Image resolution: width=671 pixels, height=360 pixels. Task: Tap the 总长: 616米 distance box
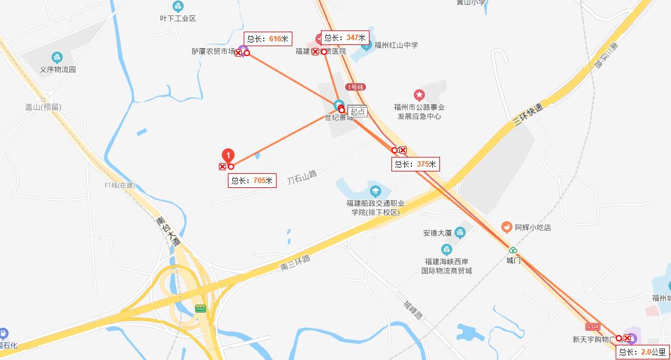click(x=267, y=39)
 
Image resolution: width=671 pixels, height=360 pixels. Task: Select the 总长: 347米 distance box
click(x=345, y=38)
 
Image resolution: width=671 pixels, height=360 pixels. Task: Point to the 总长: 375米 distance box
click(x=416, y=164)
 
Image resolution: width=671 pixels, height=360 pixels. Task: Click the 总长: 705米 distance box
click(x=252, y=181)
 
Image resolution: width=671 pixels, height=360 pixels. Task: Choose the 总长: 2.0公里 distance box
click(x=642, y=352)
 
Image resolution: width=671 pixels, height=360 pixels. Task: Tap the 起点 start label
click(x=358, y=112)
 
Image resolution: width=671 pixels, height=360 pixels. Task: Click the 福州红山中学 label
click(x=396, y=45)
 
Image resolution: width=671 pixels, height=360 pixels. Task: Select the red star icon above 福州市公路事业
click(x=419, y=95)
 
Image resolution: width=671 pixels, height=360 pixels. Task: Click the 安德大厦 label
click(x=438, y=233)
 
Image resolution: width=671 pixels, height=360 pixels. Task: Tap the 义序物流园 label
click(x=58, y=69)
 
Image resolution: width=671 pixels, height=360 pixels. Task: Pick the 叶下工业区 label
click(x=177, y=19)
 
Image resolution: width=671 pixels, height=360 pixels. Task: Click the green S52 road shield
click(x=201, y=309)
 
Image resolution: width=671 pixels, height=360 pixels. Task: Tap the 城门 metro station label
click(x=514, y=260)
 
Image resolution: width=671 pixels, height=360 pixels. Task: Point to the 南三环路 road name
click(x=296, y=262)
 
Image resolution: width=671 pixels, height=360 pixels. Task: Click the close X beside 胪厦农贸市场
click(x=238, y=54)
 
